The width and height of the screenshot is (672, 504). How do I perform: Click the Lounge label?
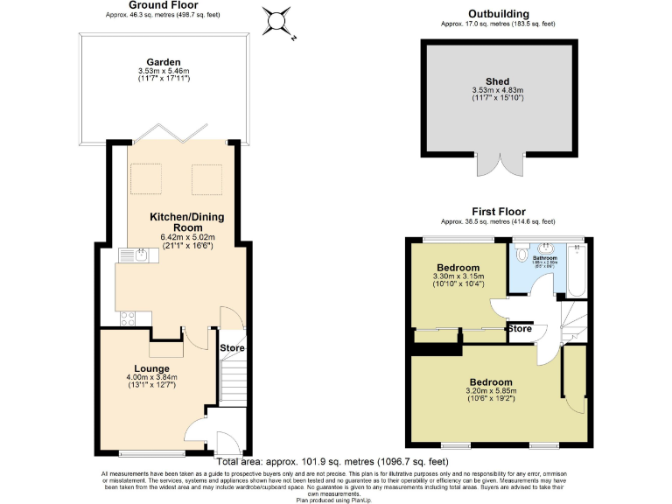click(145, 368)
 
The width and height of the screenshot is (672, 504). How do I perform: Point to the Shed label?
click(496, 81)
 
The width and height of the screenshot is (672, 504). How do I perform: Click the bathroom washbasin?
click(547, 248)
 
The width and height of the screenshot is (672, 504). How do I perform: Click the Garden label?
click(164, 62)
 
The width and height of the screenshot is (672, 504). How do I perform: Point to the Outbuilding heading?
click(498, 14)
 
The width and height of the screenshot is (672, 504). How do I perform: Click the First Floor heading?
click(497, 212)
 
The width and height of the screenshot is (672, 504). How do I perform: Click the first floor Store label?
click(520, 329)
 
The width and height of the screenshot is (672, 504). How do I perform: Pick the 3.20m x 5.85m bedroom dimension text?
click(493, 391)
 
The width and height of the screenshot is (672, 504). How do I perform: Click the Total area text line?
click(332, 460)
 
